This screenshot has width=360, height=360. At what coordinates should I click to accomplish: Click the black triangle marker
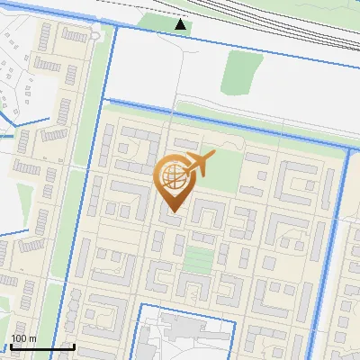(181, 24)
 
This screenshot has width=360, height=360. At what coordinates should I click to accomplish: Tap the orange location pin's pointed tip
(173, 212)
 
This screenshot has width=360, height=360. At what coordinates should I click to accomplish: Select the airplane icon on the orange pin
(198, 164)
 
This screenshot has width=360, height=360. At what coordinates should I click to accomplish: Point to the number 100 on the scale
(19, 338)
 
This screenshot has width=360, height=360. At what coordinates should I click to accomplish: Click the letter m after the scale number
(32, 338)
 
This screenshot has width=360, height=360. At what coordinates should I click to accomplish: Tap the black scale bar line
(41, 346)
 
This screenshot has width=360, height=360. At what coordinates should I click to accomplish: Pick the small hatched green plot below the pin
(199, 259)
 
